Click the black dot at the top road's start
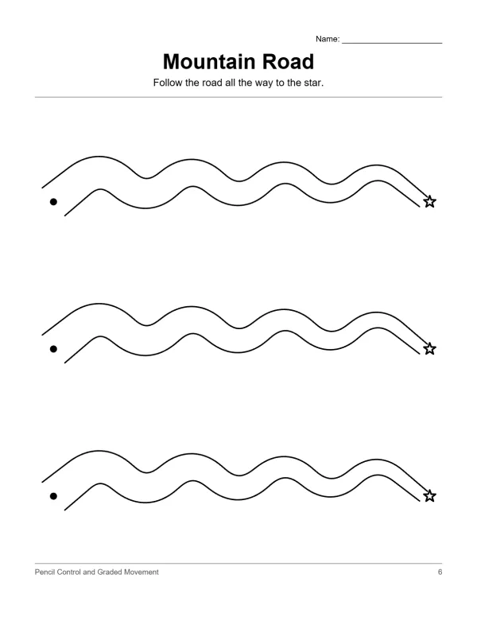click(x=53, y=202)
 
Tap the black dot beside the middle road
click(x=53, y=349)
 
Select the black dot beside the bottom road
click(x=53, y=496)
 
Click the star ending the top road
click(x=430, y=202)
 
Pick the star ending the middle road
click(x=430, y=348)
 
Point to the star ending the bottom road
click(x=430, y=496)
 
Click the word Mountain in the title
click(x=209, y=62)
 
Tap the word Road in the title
click(x=288, y=62)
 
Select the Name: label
click(x=328, y=39)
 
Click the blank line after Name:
click(x=392, y=43)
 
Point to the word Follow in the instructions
click(x=168, y=83)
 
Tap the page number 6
click(x=440, y=572)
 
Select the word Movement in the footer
click(x=142, y=572)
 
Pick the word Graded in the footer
click(x=110, y=572)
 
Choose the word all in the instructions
click(x=230, y=83)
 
